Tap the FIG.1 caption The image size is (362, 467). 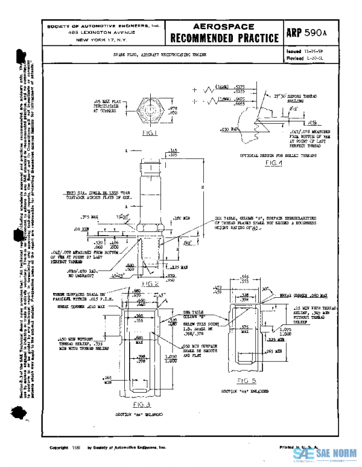pos(150,133)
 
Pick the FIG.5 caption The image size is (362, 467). pos(246,381)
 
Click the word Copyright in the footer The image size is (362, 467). pos(59,448)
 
